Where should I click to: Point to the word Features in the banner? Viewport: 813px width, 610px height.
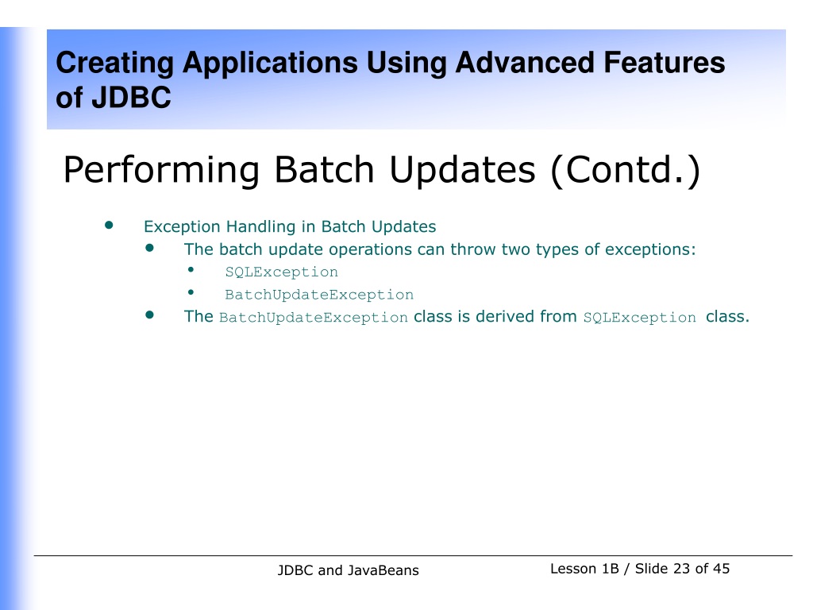tap(665, 63)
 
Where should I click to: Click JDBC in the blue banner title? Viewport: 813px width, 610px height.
tap(132, 98)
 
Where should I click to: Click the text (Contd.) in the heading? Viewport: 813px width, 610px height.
tap(626, 170)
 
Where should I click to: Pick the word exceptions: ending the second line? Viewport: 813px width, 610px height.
tap(650, 250)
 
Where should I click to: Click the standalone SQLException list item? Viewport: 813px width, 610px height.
tap(282, 272)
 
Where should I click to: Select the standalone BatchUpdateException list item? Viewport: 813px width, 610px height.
tap(319, 295)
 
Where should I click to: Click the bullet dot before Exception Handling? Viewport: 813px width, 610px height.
tap(109, 225)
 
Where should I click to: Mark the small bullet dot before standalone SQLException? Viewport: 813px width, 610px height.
tap(191, 270)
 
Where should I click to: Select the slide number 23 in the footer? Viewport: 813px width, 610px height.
tap(681, 569)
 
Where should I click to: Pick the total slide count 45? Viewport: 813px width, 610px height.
tap(721, 569)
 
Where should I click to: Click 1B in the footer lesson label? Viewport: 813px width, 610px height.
tap(611, 569)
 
